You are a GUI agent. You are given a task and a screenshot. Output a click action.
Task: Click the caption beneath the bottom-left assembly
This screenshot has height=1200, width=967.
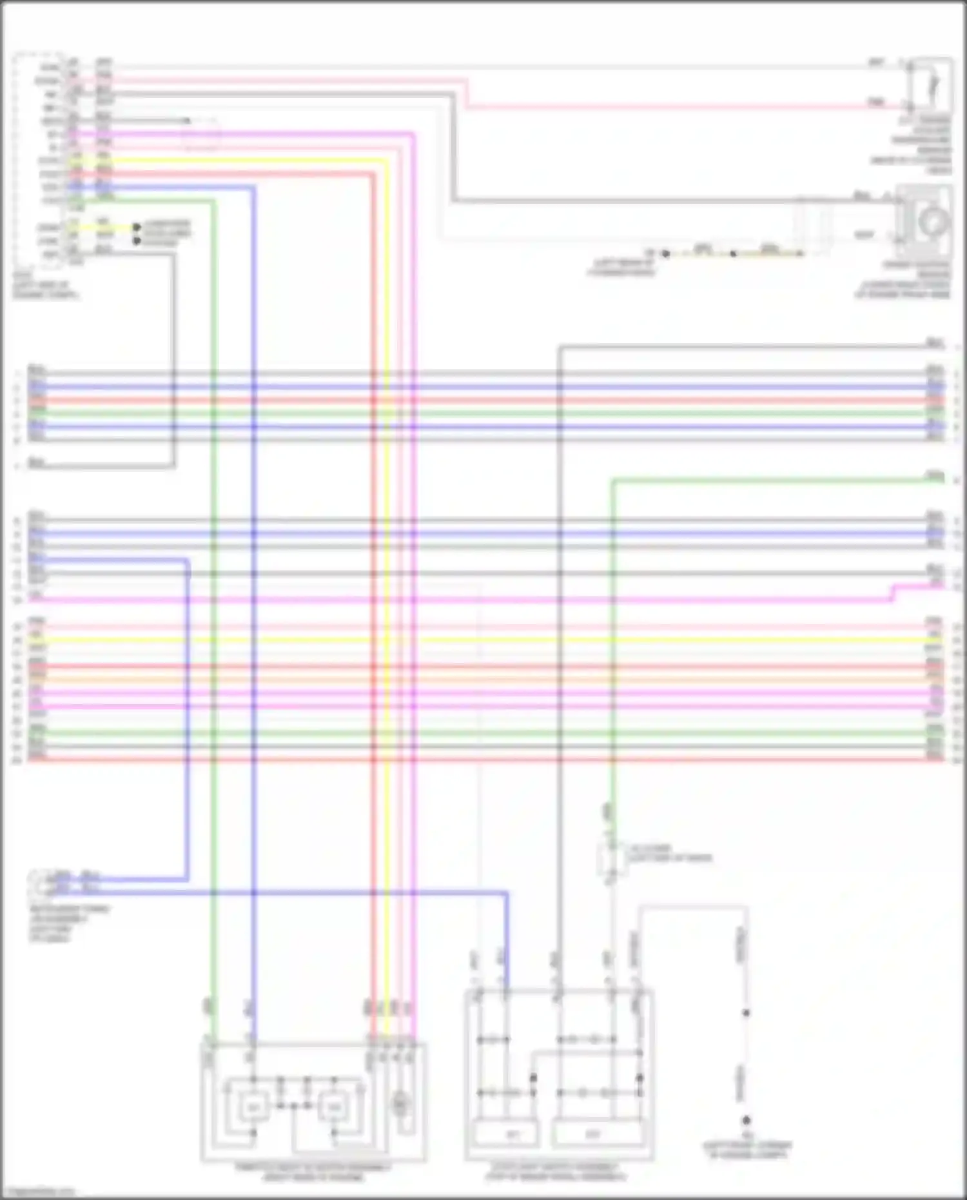coord(313,1172)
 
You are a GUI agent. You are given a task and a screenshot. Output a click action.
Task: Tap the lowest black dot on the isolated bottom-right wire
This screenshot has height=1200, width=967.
coord(747,1121)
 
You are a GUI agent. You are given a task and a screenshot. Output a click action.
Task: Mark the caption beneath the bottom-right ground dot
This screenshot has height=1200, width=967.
coord(747,1150)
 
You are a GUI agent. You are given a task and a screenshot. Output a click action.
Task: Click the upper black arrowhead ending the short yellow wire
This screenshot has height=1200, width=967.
coord(137,228)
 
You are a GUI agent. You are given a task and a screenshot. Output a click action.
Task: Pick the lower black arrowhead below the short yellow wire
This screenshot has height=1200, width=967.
coord(137,241)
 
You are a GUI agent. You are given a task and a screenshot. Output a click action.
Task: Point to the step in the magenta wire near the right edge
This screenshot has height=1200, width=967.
coord(893,593)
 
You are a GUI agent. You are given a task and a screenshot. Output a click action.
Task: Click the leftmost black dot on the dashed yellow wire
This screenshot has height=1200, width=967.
coord(666,254)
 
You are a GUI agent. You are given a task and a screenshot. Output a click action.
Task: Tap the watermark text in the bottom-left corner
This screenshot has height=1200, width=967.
coord(37,1192)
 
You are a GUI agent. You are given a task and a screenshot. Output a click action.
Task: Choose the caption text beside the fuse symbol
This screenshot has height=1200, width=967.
coord(670,853)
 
